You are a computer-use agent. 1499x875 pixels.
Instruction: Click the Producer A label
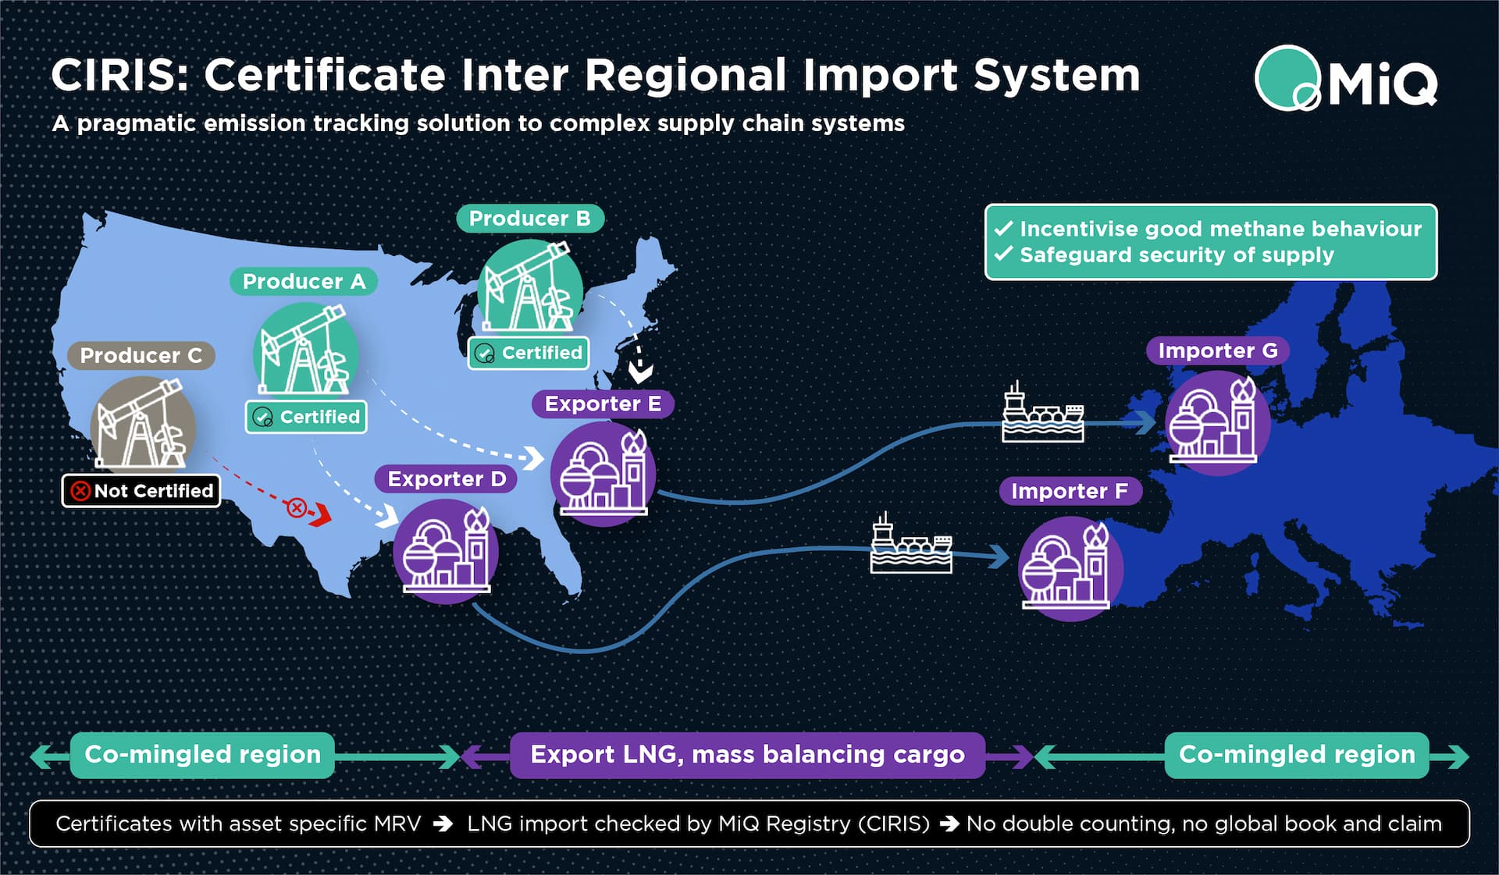pyautogui.click(x=304, y=282)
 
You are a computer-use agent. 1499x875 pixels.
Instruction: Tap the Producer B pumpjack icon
pyautogui.click(x=530, y=286)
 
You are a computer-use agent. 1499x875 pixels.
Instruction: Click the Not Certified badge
pyautogui.click(x=141, y=491)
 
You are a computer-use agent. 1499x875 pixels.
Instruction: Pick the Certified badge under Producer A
pyautogui.click(x=306, y=417)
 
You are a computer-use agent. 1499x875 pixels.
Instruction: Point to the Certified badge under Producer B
pyautogui.click(x=529, y=353)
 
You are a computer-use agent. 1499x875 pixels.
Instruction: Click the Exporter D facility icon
pyautogui.click(x=445, y=551)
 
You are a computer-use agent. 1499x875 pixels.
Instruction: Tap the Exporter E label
pyautogui.click(x=603, y=404)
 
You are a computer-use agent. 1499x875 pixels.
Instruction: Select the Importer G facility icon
pyautogui.click(x=1216, y=422)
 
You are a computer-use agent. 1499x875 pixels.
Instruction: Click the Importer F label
pyautogui.click(x=1070, y=491)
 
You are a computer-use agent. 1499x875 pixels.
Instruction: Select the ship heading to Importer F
pyautogui.click(x=911, y=546)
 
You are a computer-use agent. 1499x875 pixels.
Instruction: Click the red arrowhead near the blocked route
pyautogui.click(x=322, y=514)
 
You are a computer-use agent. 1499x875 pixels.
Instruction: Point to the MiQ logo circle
pyautogui.click(x=1287, y=78)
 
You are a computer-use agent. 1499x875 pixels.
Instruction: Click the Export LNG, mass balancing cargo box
pyautogui.click(x=747, y=755)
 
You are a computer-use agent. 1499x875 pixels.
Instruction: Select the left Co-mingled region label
pyautogui.click(x=202, y=755)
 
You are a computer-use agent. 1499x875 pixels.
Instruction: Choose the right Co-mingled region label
pyautogui.click(x=1296, y=755)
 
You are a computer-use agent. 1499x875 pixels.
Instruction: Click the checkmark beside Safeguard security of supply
pyautogui.click(x=1003, y=254)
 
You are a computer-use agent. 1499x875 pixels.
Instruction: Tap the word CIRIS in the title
pyautogui.click(x=115, y=76)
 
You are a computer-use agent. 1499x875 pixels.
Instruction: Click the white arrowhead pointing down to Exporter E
pyautogui.click(x=641, y=372)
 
